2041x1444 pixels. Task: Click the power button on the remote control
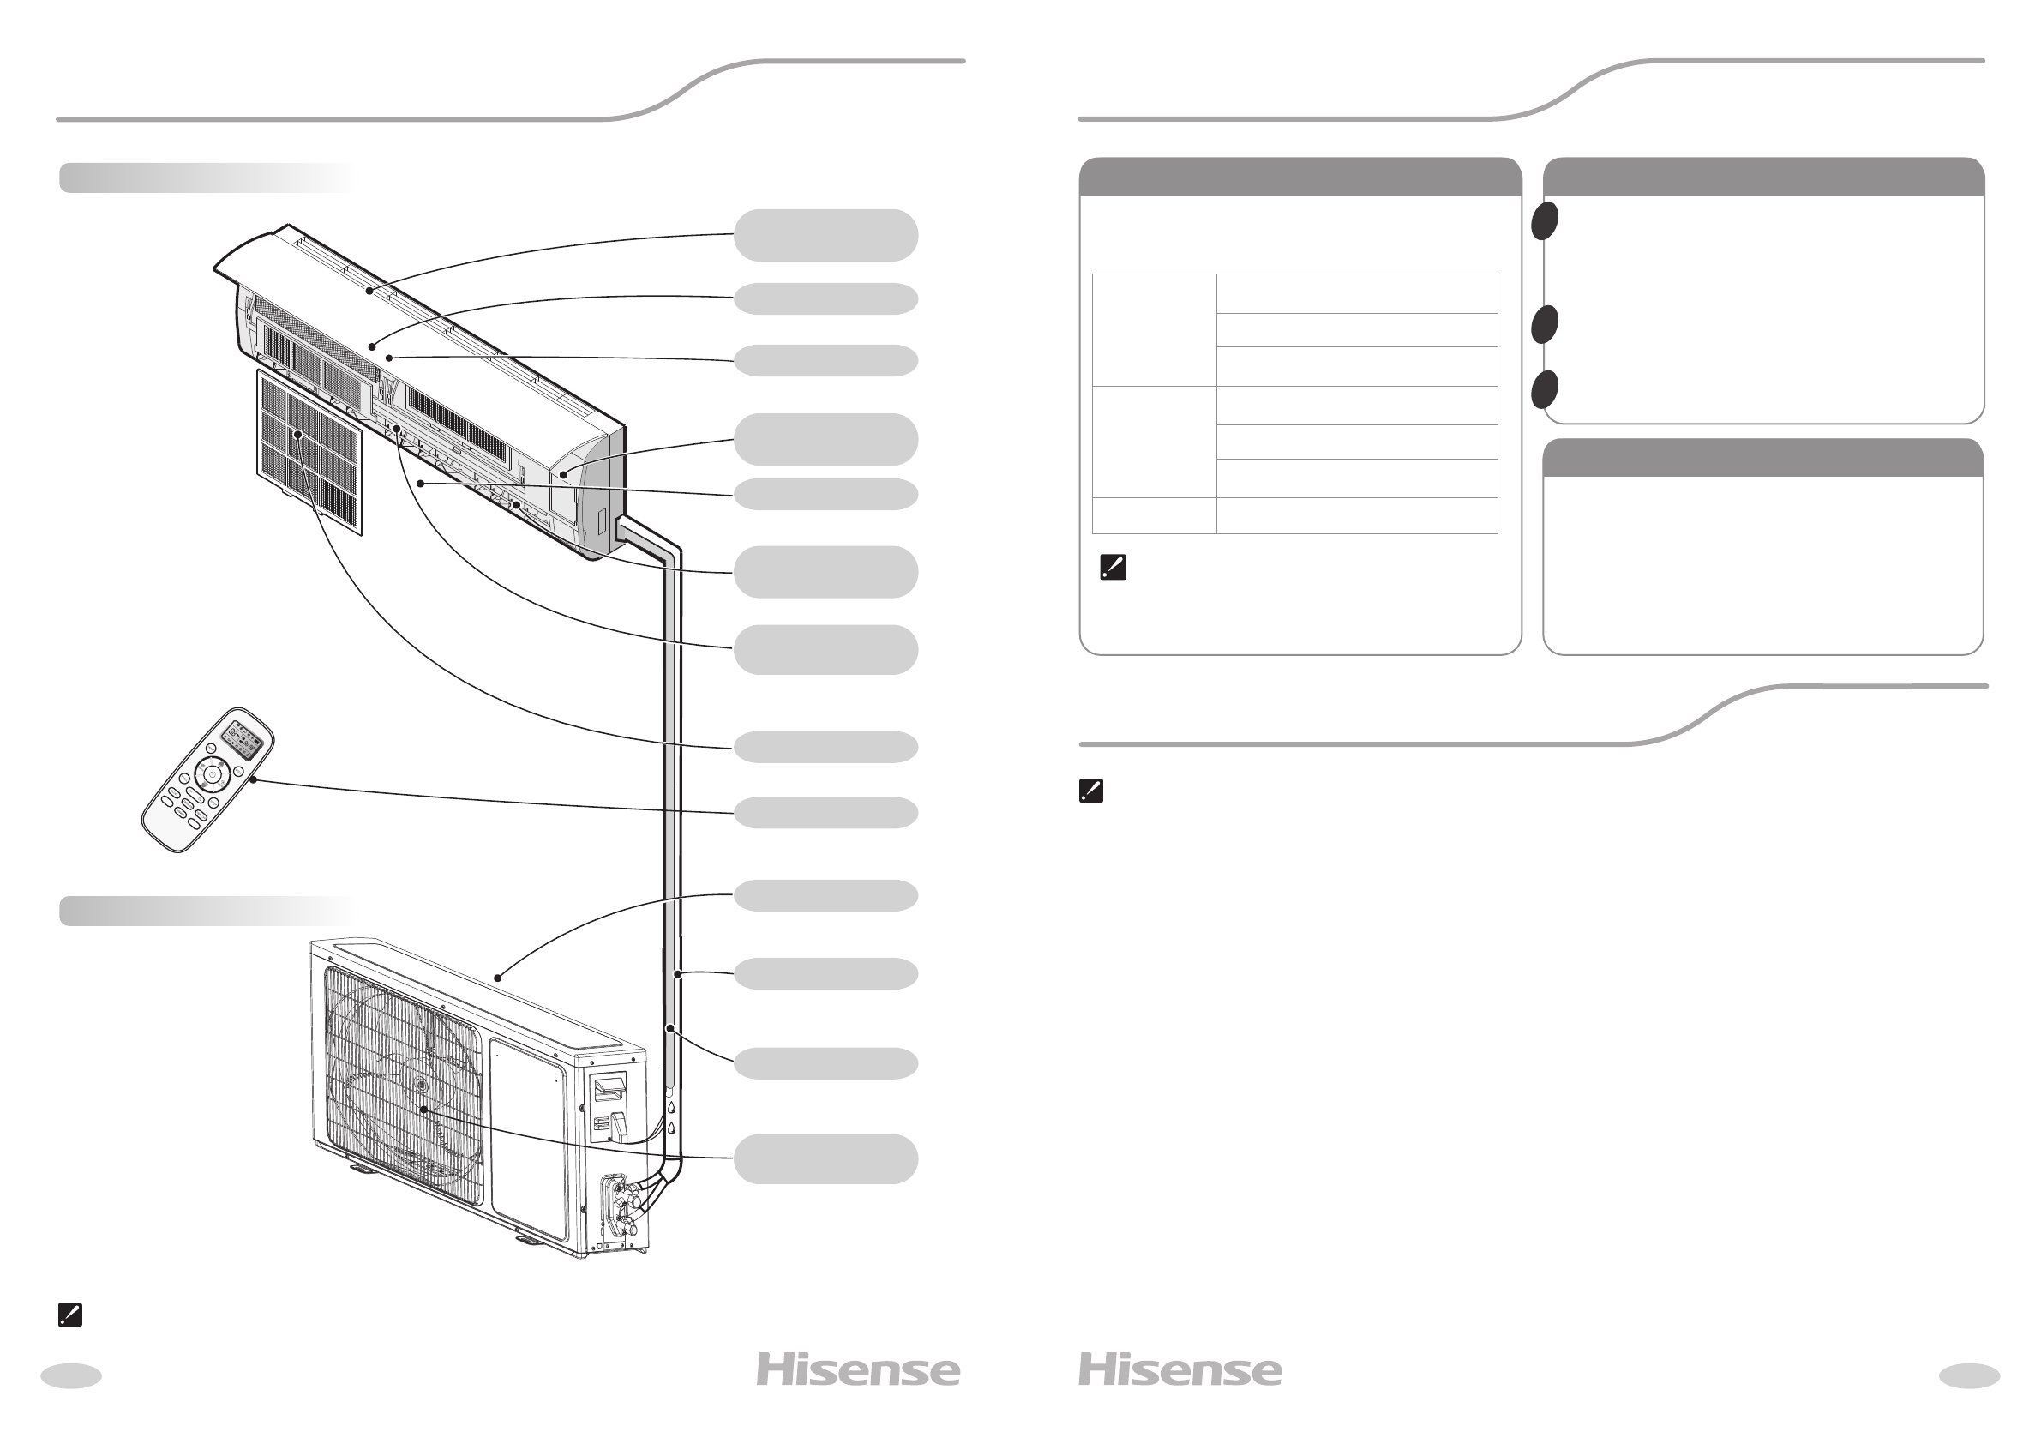click(212, 776)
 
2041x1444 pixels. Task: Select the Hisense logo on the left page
click(858, 1370)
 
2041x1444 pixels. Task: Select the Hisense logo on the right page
click(1180, 1370)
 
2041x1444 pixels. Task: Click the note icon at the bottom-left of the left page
click(69, 1315)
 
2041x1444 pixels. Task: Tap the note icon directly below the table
click(1113, 568)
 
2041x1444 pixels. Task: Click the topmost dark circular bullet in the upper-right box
click(1546, 220)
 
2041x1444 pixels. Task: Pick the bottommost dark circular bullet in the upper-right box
click(1546, 389)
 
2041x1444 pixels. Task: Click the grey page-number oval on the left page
click(71, 1375)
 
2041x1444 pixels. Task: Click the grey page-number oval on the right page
click(1969, 1375)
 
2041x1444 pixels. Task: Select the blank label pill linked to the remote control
click(825, 813)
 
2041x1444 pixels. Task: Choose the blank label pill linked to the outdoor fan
click(825, 1158)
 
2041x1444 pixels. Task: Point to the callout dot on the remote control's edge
click(255, 780)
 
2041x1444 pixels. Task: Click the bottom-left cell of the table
click(1154, 515)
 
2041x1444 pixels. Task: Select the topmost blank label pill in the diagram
click(825, 235)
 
